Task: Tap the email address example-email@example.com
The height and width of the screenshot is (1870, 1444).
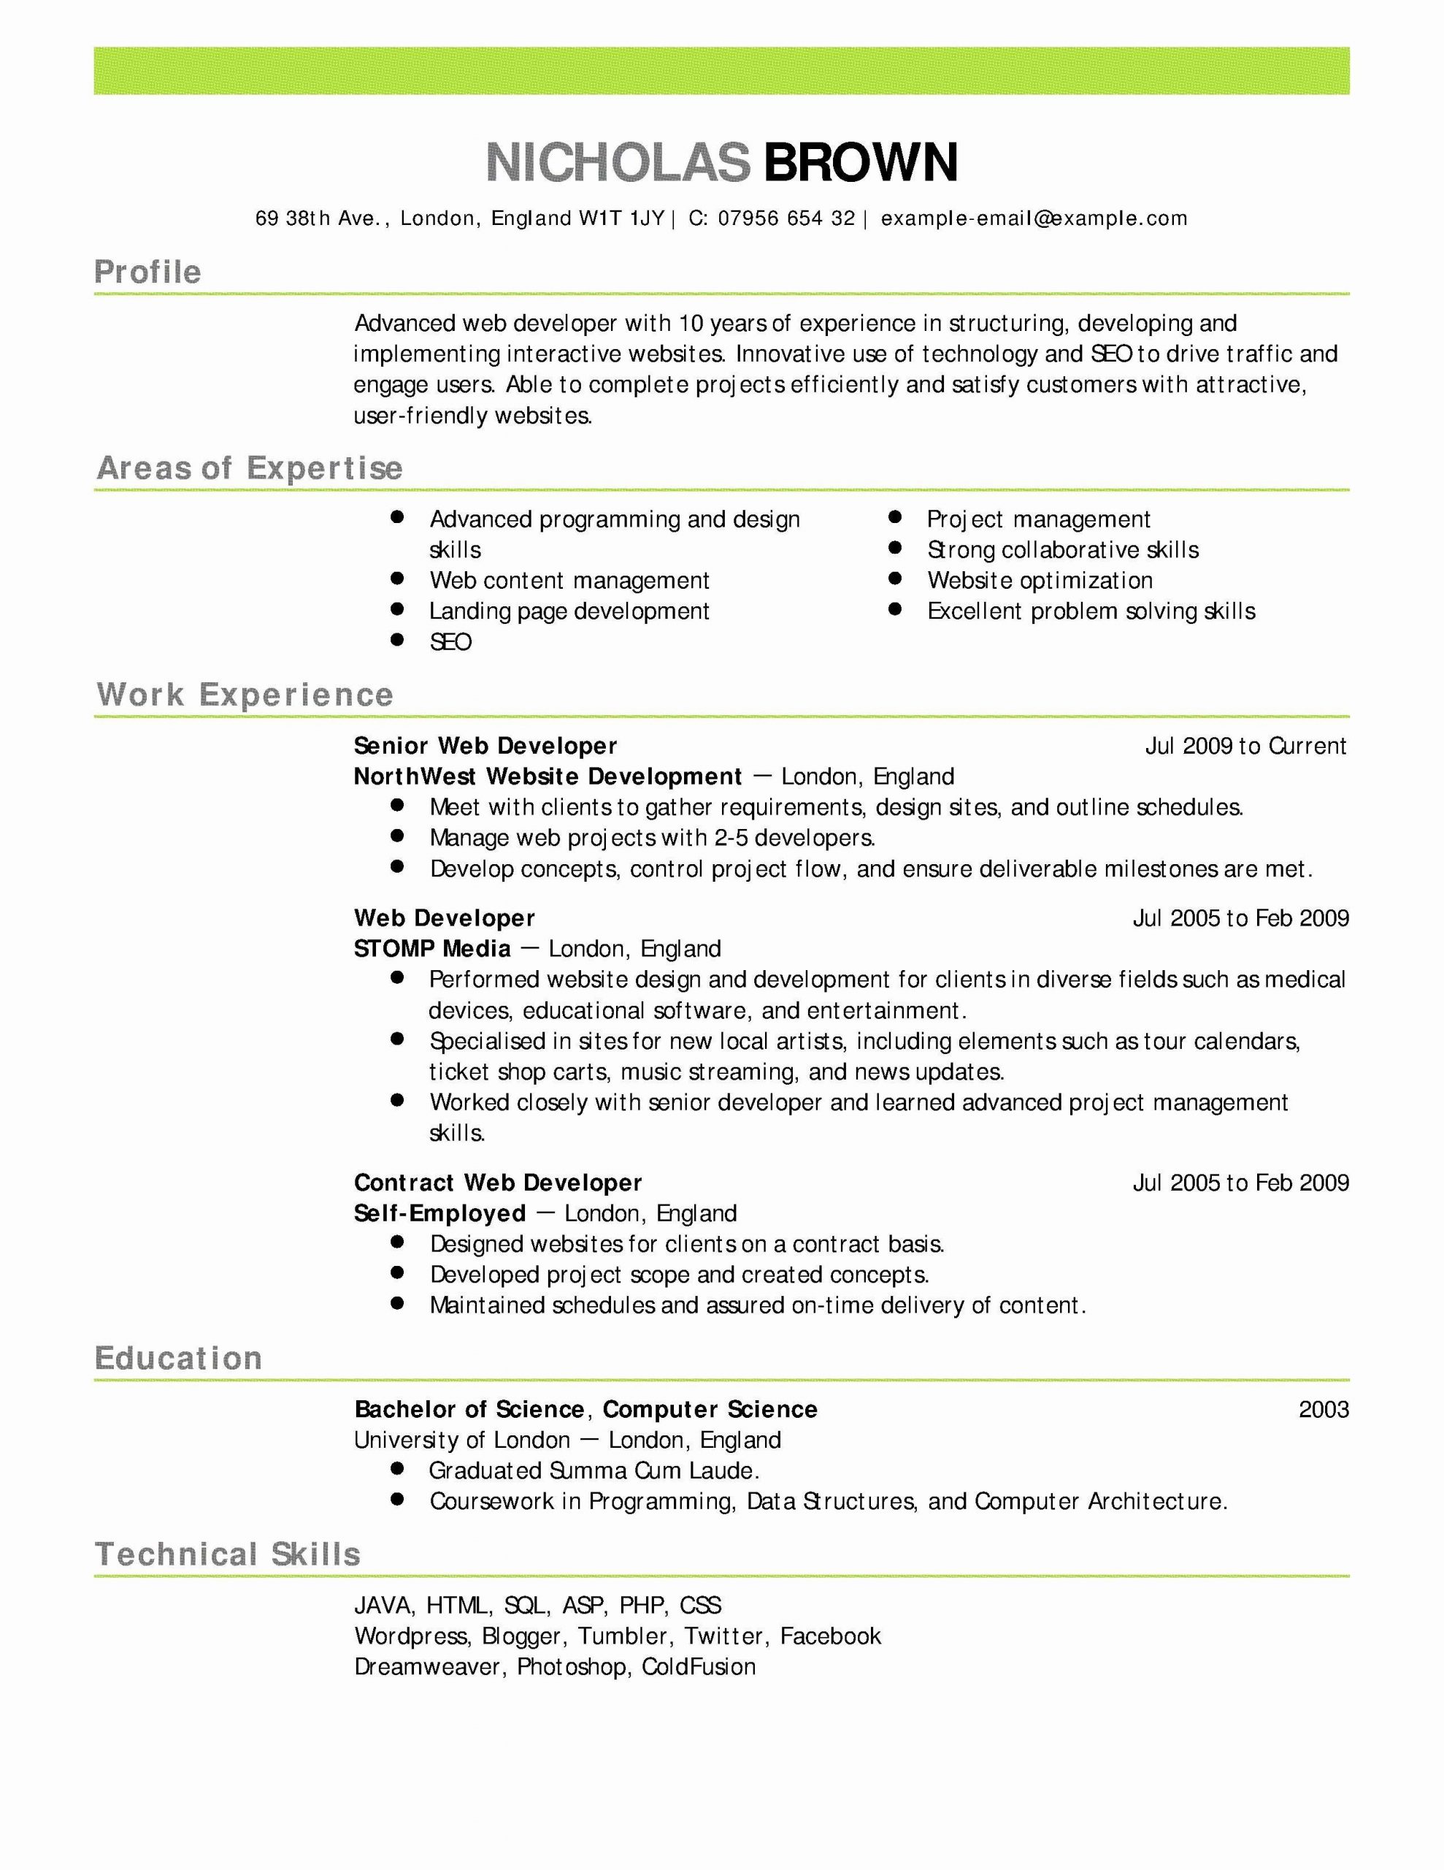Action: [x=1034, y=218]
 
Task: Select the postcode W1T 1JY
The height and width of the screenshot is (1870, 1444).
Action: [x=621, y=218]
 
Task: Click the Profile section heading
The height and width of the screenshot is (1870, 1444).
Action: [x=147, y=272]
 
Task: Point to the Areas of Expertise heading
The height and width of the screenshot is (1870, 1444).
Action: [x=249, y=468]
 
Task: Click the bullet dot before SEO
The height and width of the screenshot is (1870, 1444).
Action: [x=396, y=640]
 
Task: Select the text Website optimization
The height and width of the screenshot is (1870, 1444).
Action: [x=1039, y=581]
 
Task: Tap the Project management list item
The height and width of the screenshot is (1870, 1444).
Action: [x=1037, y=520]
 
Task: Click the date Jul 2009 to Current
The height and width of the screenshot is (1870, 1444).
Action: [x=1245, y=746]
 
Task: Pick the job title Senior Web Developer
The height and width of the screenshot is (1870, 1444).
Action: [x=485, y=746]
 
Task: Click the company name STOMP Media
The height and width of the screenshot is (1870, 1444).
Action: [x=432, y=949]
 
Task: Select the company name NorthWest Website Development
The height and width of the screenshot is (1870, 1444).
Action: [x=547, y=776]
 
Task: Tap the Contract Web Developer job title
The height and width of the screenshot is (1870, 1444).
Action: [x=497, y=1183]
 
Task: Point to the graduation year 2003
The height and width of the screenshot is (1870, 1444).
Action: [x=1323, y=1409]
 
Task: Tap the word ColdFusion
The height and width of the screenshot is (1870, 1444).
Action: [x=699, y=1667]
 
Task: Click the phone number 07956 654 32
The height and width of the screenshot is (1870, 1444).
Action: [x=786, y=218]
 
